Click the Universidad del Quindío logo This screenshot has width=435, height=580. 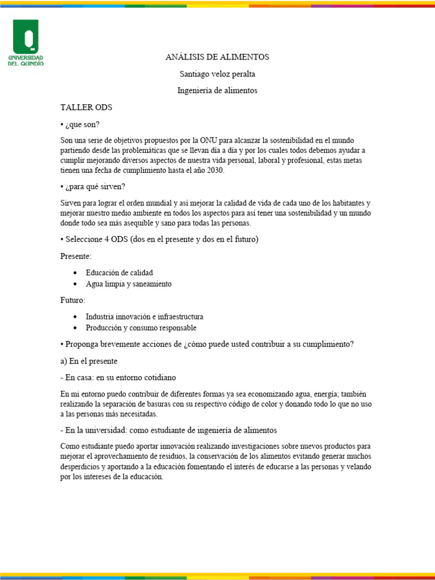tap(25, 42)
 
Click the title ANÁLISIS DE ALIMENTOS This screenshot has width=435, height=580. tap(217, 57)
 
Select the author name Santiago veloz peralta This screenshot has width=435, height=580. tap(217, 74)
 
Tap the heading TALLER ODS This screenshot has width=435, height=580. tap(86, 107)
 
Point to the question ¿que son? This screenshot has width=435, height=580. tap(85, 124)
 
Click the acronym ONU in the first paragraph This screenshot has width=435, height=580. tap(204, 140)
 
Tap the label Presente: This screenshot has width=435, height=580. tap(76, 256)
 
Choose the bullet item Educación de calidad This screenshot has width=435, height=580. tap(119, 272)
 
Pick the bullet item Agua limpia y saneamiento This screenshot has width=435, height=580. tap(129, 284)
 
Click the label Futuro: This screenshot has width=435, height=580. tap(73, 300)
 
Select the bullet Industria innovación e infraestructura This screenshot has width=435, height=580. tap(144, 317)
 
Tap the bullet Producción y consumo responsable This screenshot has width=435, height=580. tap(141, 328)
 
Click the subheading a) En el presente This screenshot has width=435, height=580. tap(89, 361)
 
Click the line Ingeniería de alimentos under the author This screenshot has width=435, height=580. tap(217, 91)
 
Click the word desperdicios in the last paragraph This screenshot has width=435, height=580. tap(82, 467)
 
